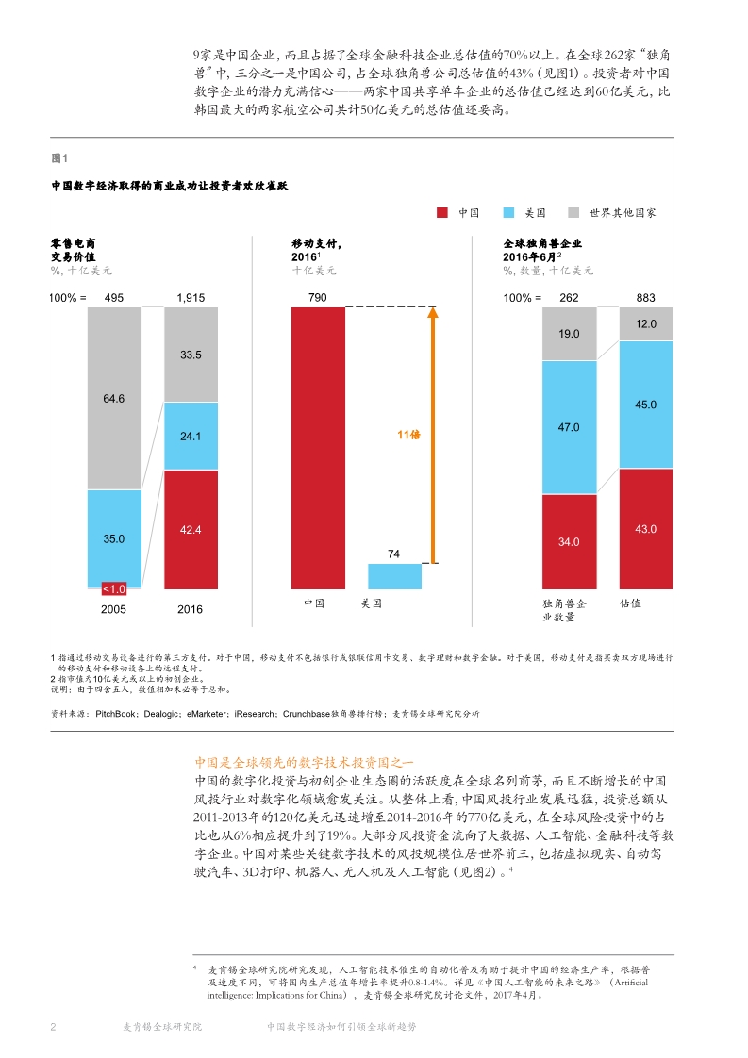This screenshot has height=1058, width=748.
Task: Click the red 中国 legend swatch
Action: point(442,213)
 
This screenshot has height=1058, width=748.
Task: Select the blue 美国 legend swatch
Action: point(508,213)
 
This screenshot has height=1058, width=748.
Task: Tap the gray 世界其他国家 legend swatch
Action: point(573,213)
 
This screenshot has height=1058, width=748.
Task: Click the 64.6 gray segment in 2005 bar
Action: point(114,398)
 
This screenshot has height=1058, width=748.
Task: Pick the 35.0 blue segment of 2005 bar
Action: point(114,537)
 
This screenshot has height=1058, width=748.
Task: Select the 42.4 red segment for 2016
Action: point(191,530)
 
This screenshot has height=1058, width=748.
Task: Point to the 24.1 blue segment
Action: point(191,436)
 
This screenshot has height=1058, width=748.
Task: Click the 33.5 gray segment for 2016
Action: point(191,355)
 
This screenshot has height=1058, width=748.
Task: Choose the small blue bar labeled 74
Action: point(394,576)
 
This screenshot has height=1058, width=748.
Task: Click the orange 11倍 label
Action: point(408,435)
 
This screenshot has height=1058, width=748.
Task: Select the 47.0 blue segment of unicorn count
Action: point(569,427)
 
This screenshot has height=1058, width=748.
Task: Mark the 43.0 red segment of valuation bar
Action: point(645,529)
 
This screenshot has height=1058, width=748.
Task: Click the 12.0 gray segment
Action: point(645,323)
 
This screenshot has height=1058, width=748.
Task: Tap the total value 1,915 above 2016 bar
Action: point(191,298)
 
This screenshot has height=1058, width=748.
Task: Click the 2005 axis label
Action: point(114,609)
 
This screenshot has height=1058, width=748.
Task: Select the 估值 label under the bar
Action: point(631,602)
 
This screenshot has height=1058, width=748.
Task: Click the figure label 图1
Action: point(58,157)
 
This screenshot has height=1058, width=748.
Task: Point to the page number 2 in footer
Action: point(54,1027)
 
